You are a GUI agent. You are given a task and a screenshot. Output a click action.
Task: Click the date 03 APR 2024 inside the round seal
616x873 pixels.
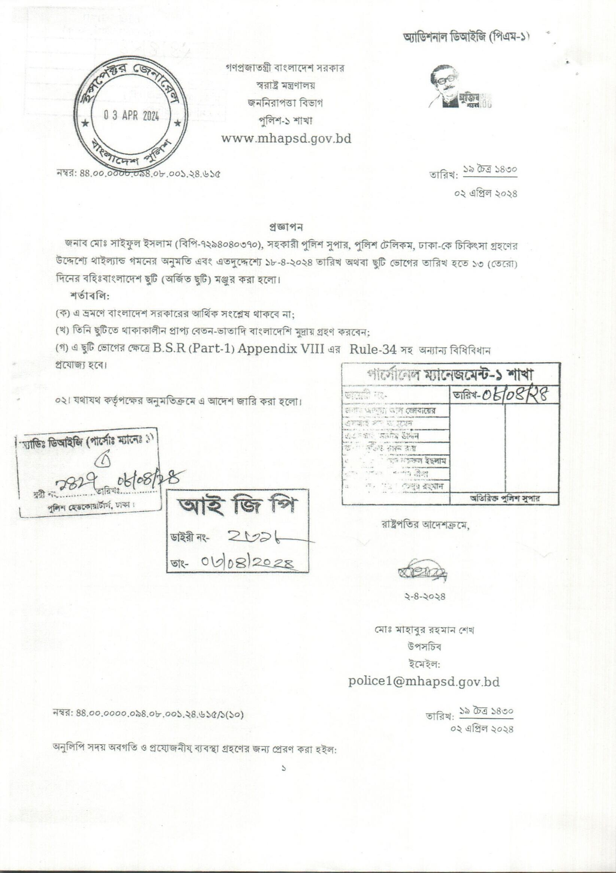click(131, 117)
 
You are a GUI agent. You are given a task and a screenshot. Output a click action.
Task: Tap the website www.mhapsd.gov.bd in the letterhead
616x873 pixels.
click(286, 138)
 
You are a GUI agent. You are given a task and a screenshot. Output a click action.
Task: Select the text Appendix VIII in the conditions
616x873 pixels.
click(280, 350)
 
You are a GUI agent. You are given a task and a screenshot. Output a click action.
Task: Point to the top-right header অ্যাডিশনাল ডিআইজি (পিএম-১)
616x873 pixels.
click(466, 37)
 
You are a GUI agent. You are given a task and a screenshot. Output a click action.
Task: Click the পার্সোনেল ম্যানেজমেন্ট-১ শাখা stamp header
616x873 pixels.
click(451, 375)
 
